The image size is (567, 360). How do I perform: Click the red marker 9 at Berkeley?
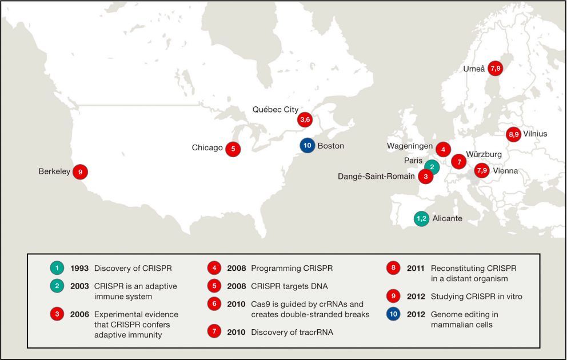81,171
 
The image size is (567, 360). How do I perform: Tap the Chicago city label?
207,148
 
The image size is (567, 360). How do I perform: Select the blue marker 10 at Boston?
308,145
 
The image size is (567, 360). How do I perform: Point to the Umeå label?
474,69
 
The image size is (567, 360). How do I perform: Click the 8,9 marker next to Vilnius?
513,134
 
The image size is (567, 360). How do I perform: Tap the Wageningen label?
410,146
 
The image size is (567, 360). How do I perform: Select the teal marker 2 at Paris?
432,167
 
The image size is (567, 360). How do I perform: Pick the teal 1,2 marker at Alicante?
421,218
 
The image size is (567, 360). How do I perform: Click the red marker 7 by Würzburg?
458,162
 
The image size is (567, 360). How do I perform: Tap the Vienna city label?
506,170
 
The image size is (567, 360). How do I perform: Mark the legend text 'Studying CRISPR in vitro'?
476,297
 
